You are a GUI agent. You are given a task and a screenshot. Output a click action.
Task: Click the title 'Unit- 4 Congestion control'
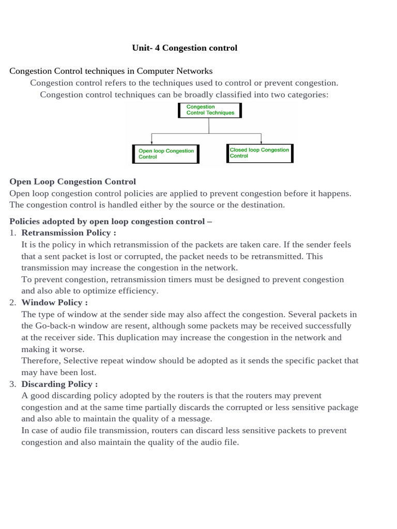(185, 48)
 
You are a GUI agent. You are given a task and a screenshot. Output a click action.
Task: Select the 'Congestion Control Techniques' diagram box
(210, 110)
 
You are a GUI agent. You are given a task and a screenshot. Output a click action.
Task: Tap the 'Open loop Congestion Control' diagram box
(166, 154)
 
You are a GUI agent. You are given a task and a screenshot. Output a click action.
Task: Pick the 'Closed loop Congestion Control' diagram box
(259, 153)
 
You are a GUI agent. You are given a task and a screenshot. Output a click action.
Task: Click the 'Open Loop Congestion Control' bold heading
(73, 182)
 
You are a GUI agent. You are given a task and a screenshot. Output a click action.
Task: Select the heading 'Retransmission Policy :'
(69, 233)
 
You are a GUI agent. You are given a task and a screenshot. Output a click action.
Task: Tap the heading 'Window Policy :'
(55, 303)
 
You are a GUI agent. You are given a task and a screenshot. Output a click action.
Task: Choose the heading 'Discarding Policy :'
(59, 384)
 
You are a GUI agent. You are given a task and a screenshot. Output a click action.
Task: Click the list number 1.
(13, 233)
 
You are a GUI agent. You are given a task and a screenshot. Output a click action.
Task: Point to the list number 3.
(13, 384)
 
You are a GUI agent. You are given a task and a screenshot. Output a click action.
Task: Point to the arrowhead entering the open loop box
(152, 143)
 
